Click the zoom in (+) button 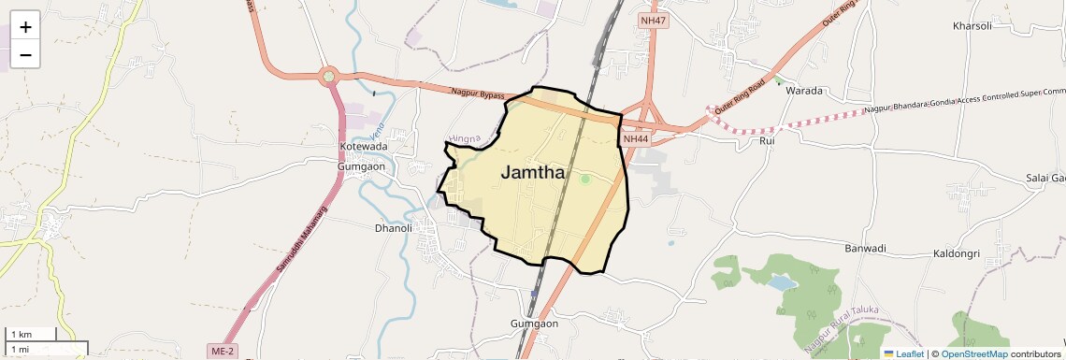(25, 27)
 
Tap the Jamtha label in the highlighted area (532, 172)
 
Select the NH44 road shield (635, 138)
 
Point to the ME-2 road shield (222, 351)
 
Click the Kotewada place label (363, 148)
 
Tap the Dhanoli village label (393, 227)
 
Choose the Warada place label (803, 91)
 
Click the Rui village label (768, 140)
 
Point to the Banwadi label (865, 249)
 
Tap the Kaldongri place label (957, 253)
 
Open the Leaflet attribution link (903, 353)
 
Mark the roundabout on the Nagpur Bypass (328, 76)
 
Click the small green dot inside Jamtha (585, 179)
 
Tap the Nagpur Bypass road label (478, 94)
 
